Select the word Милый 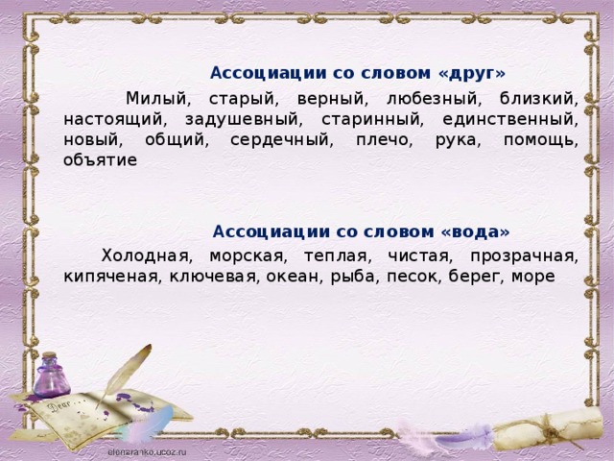(x=157, y=98)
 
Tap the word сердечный (x=281, y=140)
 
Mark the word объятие (x=100, y=160)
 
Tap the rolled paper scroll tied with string (x=548, y=429)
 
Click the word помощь (x=541, y=140)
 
